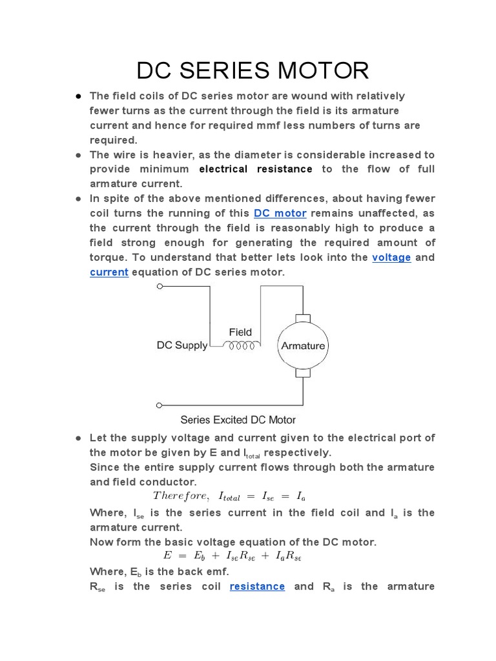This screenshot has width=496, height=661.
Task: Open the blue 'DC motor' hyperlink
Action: [x=280, y=213]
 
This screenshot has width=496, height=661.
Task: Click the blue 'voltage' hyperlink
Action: [x=391, y=258]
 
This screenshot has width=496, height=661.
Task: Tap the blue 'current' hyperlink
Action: [x=108, y=272]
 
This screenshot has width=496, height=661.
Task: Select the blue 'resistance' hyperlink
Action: [x=257, y=586]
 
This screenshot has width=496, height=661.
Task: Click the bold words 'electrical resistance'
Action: [x=255, y=169]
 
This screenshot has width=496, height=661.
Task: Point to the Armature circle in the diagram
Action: [x=303, y=345]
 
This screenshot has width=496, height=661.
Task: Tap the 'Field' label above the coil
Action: [x=240, y=332]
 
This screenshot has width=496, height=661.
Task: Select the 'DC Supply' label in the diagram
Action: [x=182, y=345]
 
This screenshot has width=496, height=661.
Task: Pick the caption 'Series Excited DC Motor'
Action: [x=238, y=420]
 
